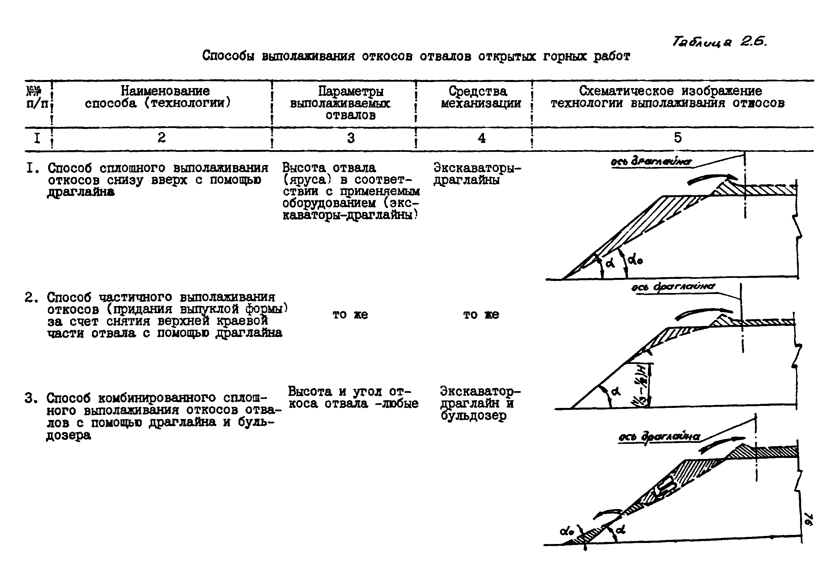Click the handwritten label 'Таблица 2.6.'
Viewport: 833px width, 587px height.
719,42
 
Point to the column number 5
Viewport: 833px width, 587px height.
678,137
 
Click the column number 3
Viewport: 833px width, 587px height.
350,138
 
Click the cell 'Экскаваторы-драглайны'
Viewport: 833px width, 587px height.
476,174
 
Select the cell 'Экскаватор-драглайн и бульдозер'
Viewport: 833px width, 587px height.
480,403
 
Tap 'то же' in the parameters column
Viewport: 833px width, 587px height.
350,315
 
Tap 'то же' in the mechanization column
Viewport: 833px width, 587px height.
481,315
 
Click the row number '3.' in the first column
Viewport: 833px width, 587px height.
32,398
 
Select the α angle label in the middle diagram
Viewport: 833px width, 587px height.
616,391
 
